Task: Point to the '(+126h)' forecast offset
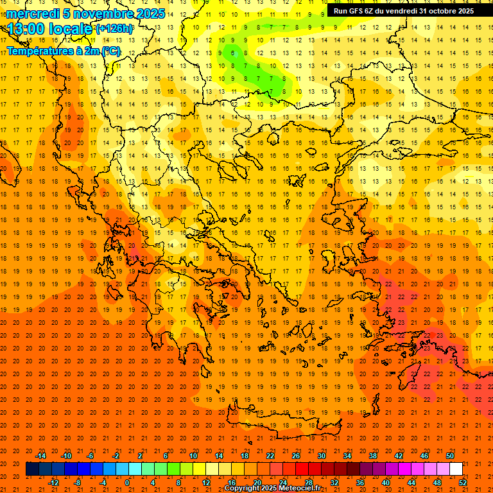coord(114,29)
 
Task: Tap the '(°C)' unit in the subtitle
coord(110,51)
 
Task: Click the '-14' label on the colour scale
coord(41,456)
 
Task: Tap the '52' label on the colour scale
coord(462,483)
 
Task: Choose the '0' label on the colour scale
coord(126,483)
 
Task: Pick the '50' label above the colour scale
coord(449,456)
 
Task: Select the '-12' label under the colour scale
coord(53,483)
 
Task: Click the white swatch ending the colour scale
coord(456,469)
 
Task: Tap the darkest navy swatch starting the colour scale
coord(32,469)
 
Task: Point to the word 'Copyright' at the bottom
coord(242,489)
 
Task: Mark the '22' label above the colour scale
coord(270,456)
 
